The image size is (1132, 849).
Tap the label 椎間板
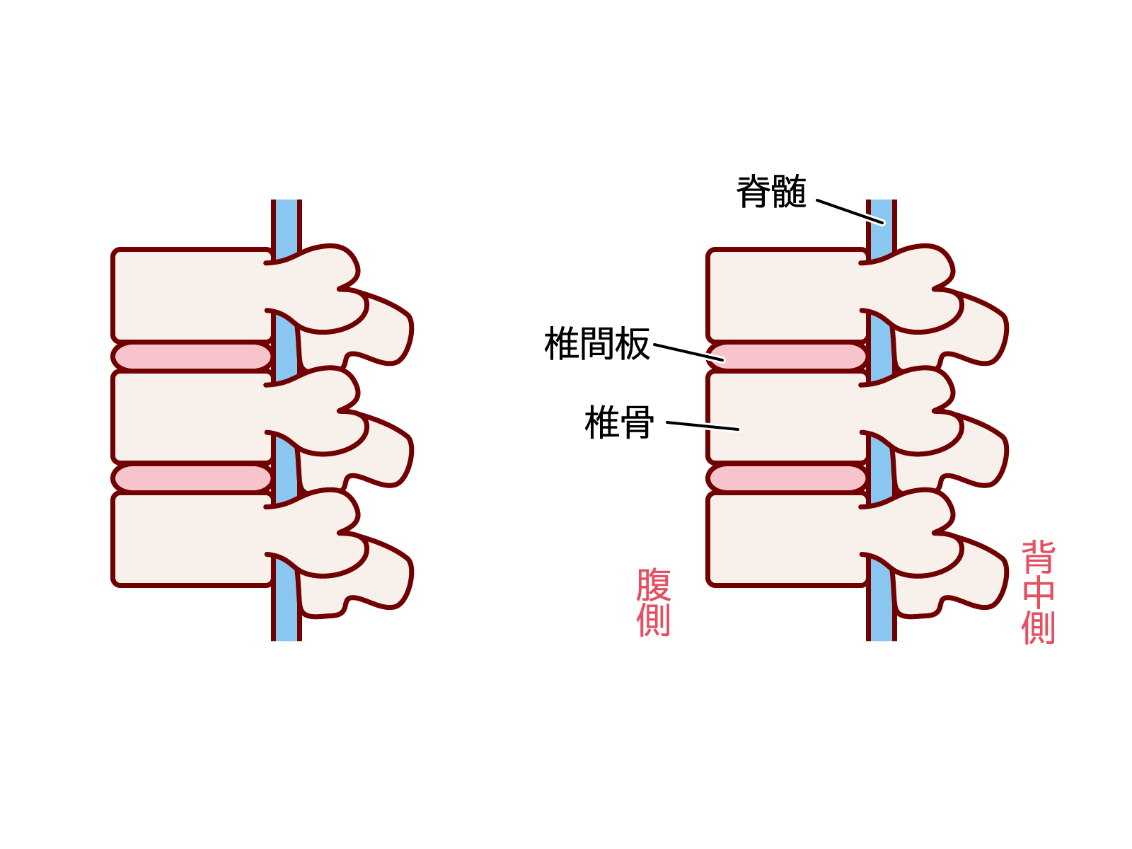pos(596,345)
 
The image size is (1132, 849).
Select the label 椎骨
pos(619,423)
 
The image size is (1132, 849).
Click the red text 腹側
pos(653,602)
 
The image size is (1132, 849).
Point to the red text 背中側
pos(1038,593)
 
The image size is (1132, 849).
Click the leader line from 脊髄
pos(850,212)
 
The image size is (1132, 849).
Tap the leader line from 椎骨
pos(702,426)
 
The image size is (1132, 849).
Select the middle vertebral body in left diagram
pos(191,417)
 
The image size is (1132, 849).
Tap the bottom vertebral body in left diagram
pos(191,538)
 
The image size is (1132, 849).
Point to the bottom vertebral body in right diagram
pos(786,538)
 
